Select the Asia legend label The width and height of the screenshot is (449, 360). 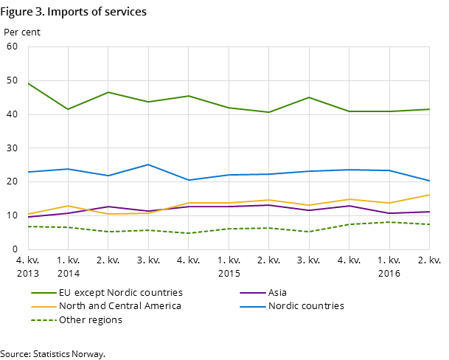[278, 293]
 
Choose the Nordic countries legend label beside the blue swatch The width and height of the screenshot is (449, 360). [306, 306]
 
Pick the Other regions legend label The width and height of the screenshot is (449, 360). [91, 320]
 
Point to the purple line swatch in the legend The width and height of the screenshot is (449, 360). [252, 293]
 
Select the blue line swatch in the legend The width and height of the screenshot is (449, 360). [252, 306]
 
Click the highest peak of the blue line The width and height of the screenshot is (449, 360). [148, 165]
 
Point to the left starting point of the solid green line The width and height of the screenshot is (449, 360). [28, 83]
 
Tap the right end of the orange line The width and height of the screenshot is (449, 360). [430, 195]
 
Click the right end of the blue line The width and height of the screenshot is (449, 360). [430, 181]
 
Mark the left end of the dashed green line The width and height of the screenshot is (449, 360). [28, 226]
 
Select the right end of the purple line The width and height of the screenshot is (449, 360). [430, 212]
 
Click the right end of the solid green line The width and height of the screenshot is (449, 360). [430, 109]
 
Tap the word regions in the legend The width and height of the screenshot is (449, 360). [104, 320]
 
